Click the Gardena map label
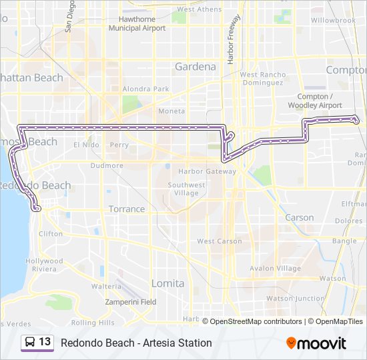(x=195, y=67)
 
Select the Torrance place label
(x=127, y=209)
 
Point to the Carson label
(x=299, y=217)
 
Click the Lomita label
(x=167, y=283)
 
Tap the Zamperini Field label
(x=131, y=302)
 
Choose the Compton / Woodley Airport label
(x=315, y=101)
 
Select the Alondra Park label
(x=145, y=89)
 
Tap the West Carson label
(x=220, y=241)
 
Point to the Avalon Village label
(x=275, y=269)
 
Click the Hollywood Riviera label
(x=44, y=265)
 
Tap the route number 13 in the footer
(x=45, y=342)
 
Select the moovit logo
(x=316, y=343)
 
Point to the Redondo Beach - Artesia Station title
(x=136, y=343)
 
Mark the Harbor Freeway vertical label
(x=234, y=40)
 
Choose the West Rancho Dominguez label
(x=262, y=79)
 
